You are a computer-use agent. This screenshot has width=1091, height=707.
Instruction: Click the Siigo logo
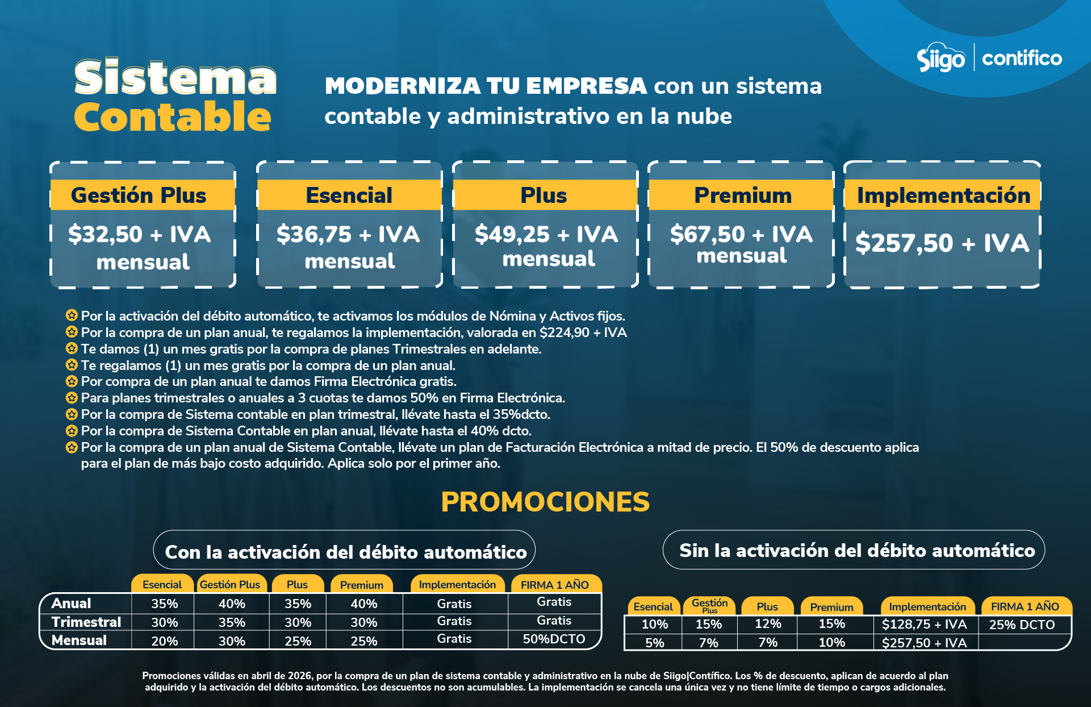[940, 58]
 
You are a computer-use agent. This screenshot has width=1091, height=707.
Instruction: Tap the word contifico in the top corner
[1022, 59]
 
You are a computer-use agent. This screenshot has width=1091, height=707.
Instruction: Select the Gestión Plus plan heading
[139, 196]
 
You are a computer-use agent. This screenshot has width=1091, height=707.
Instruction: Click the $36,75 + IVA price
[348, 234]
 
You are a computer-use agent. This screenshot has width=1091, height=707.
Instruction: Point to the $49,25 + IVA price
[546, 234]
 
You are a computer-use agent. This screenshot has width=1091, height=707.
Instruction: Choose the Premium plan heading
[742, 196]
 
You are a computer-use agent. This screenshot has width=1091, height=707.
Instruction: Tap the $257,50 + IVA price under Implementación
[942, 243]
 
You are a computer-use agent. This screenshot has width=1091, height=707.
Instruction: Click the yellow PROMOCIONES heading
[545, 502]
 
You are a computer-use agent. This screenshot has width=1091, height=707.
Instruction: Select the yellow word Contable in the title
[173, 117]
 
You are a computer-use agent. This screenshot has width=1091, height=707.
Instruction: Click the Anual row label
[71, 603]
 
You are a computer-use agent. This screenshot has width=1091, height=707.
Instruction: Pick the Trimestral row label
[86, 622]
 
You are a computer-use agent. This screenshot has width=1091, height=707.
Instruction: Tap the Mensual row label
[79, 641]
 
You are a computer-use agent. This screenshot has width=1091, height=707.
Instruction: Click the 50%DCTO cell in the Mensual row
[554, 639]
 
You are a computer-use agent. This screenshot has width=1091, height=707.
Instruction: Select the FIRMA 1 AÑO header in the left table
[554, 585]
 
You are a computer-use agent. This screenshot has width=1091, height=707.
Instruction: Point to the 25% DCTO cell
[1022, 625]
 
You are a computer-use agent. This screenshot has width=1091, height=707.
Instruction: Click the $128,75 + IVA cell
[924, 624]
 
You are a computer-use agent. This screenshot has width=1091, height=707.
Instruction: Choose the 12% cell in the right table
[768, 624]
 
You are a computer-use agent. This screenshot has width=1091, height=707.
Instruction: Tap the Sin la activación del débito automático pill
[857, 550]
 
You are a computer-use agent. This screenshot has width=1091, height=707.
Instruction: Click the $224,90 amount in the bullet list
[564, 332]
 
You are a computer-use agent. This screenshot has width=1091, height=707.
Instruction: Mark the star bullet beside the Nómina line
[72, 315]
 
